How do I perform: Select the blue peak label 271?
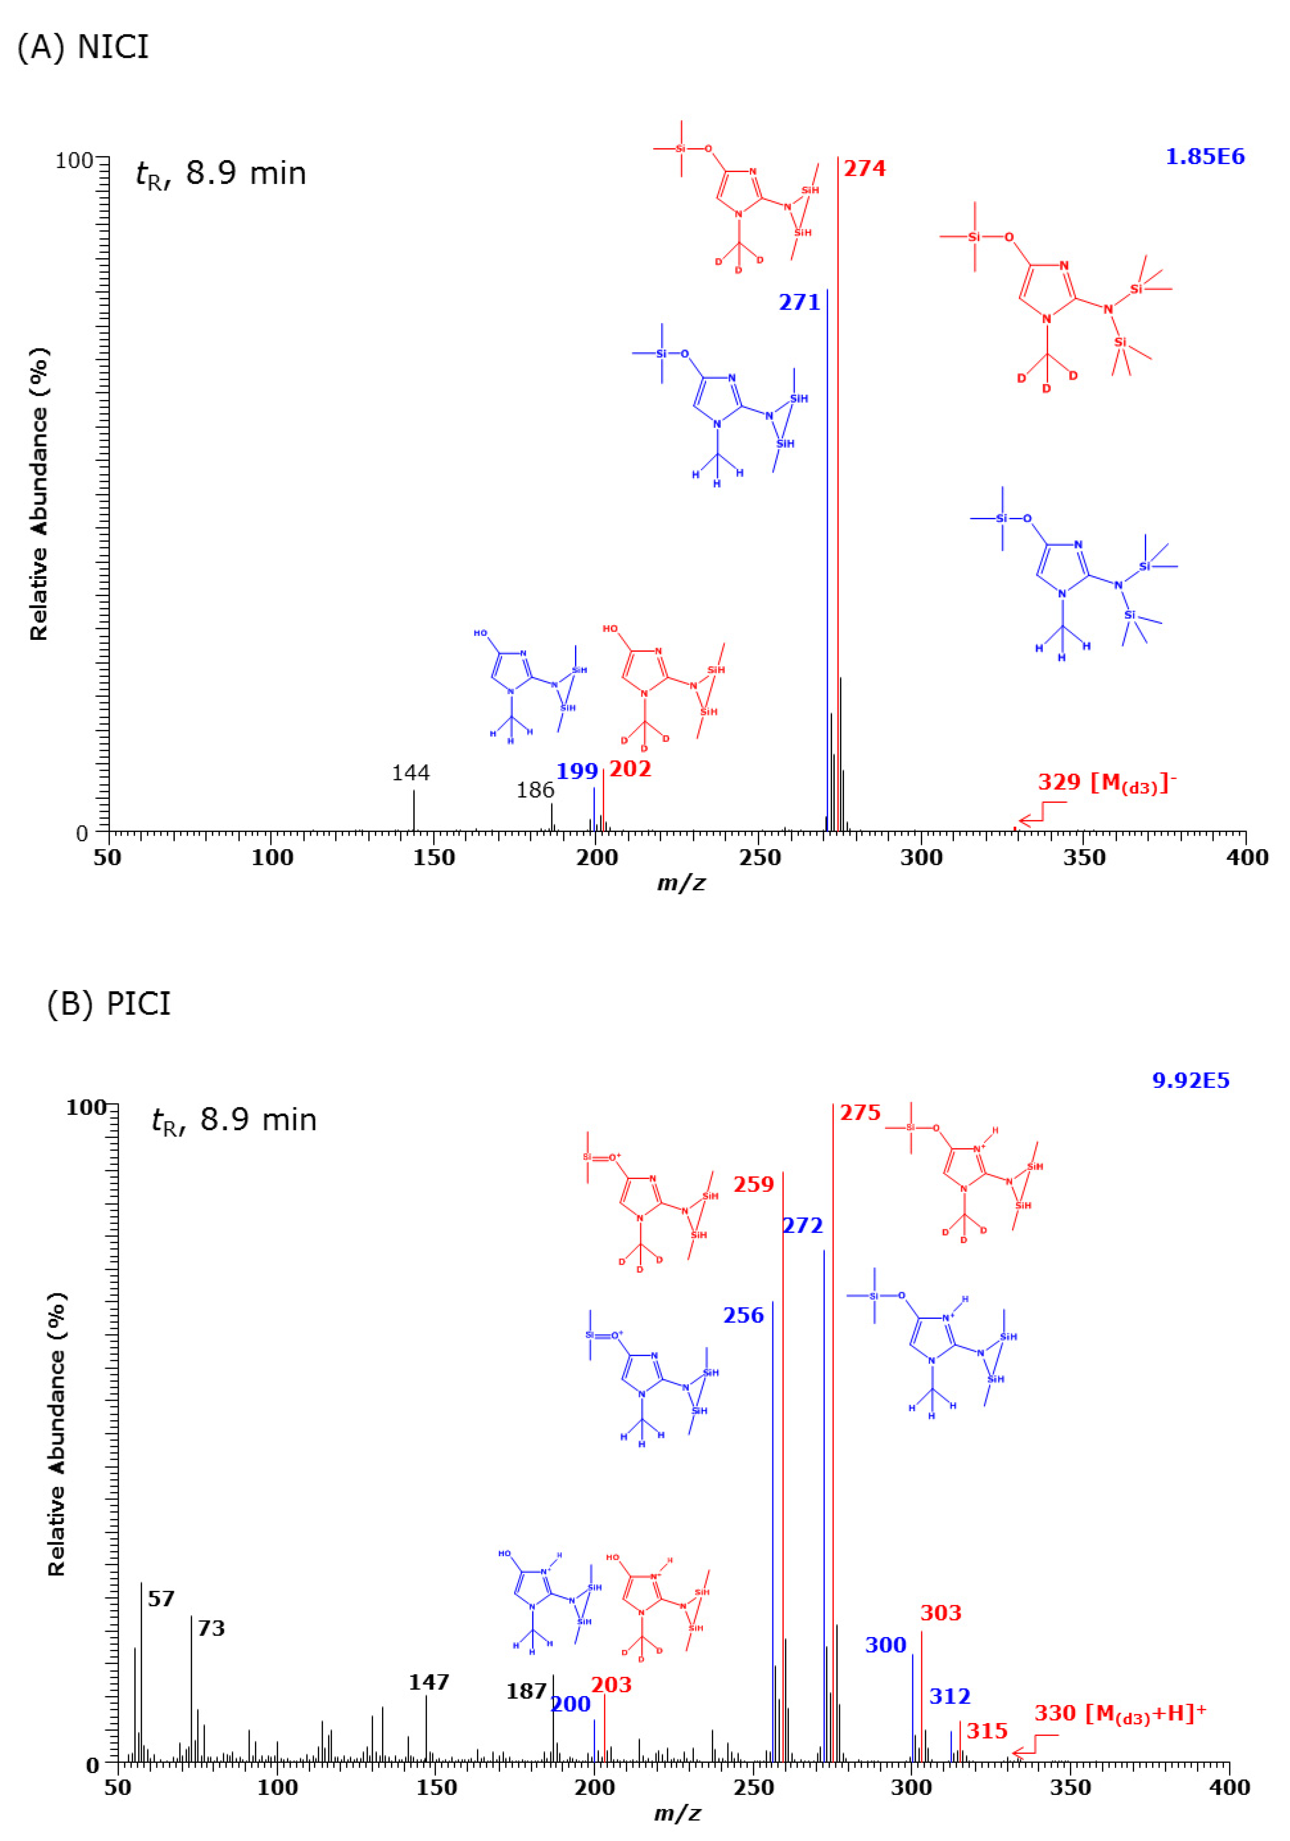click(799, 302)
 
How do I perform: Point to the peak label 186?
click(535, 791)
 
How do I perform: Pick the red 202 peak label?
click(630, 770)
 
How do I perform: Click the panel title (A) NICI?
click(82, 47)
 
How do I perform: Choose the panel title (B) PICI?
click(109, 1004)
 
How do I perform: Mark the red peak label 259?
click(754, 1184)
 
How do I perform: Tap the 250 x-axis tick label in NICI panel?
click(759, 858)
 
